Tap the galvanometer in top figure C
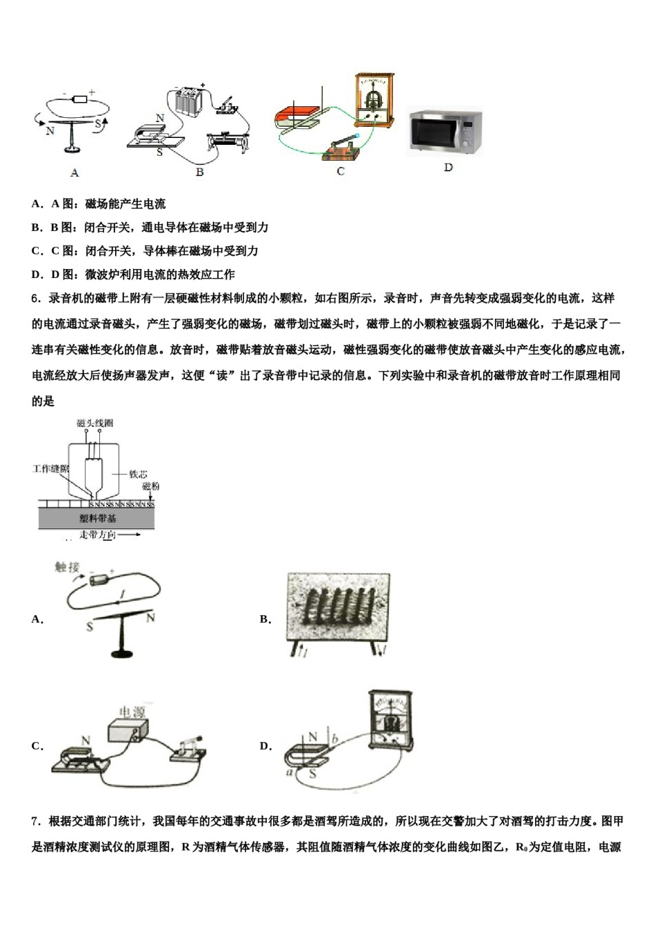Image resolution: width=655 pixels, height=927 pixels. pos(374,100)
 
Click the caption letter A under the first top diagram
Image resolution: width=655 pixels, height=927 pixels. pos(74,172)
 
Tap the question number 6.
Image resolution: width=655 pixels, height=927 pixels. pos(35,299)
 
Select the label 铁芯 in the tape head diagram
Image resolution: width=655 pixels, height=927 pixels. pos(138,474)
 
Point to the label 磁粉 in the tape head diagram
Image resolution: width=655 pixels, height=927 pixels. pos(150,487)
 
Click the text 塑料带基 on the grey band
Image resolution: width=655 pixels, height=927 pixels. pos(97,518)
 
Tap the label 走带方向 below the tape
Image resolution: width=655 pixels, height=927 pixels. pos(97,535)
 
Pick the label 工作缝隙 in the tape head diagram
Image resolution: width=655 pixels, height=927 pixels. pos(50,469)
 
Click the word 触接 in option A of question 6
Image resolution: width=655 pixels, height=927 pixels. pos(67,567)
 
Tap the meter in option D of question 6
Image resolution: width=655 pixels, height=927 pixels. pos(392,721)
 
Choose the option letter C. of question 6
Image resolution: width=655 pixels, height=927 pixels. pos(37,746)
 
